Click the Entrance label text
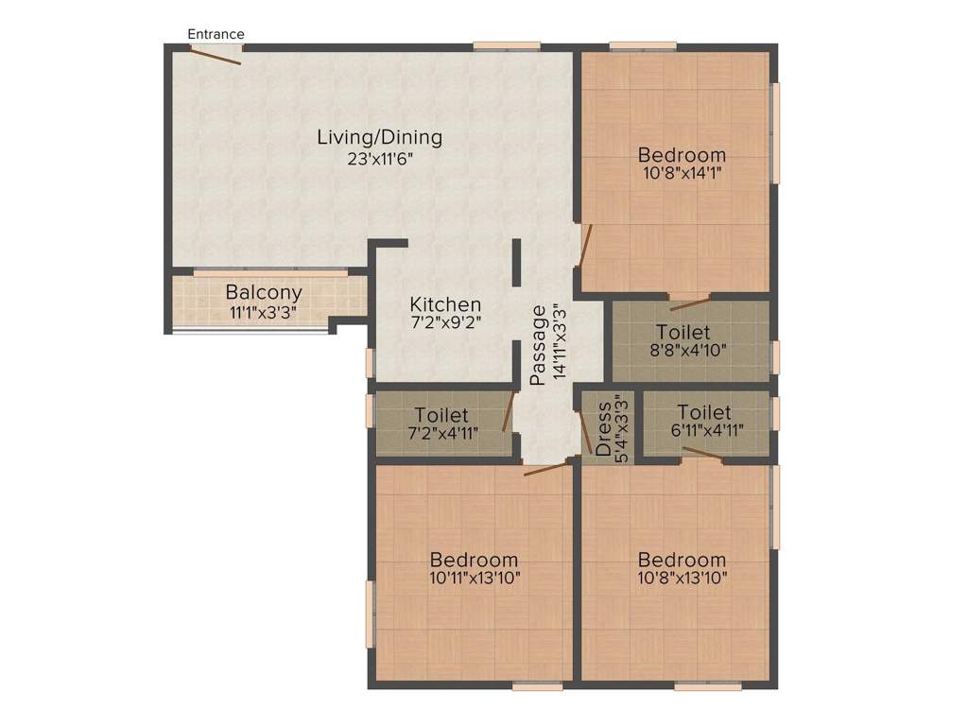tap(216, 34)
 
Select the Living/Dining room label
tap(379, 137)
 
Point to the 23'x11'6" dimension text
tap(379, 159)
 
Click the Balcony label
tap(263, 293)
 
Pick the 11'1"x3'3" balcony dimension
tap(263, 312)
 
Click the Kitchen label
tap(445, 305)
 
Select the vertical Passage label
tap(538, 345)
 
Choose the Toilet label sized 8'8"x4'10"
tap(683, 333)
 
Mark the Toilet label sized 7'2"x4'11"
tap(441, 416)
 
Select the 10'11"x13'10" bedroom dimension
tap(474, 577)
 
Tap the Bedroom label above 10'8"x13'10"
tap(682, 560)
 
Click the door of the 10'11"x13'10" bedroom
tap(548, 466)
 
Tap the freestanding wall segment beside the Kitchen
tap(517, 262)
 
